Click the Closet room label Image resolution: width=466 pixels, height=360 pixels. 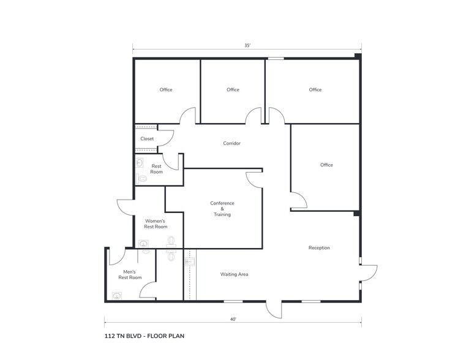click(x=147, y=139)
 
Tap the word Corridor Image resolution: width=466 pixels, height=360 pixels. click(x=232, y=143)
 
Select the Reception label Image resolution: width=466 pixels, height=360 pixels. click(x=319, y=248)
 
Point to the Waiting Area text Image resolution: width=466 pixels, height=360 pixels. click(x=234, y=274)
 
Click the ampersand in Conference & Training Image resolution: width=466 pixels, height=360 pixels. click(x=222, y=209)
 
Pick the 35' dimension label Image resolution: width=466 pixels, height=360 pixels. click(x=247, y=45)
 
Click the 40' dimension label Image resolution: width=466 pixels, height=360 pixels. click(x=233, y=320)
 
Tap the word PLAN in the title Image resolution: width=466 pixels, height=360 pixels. click(x=176, y=336)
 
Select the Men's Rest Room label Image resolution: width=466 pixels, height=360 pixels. click(x=130, y=274)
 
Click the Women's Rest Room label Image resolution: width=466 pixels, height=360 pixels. click(x=156, y=223)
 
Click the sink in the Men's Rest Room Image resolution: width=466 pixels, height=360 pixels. click(x=116, y=296)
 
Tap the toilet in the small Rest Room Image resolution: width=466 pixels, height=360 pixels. click(x=141, y=179)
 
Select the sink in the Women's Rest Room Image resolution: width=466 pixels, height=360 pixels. click(x=143, y=244)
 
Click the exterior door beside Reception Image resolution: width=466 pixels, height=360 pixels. click(x=369, y=273)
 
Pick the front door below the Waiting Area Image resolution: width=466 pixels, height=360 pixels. click(x=274, y=310)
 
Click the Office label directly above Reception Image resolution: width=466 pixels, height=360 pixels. click(x=326, y=165)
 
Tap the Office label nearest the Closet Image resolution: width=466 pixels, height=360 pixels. click(x=166, y=90)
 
